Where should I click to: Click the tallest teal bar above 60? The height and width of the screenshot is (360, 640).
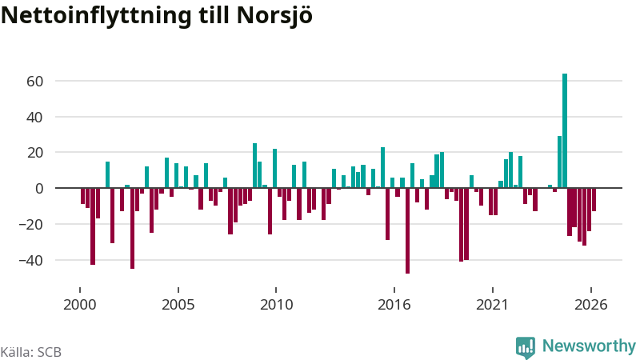pyautogui.click(x=565, y=130)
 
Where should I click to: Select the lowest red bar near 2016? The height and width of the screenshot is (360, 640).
pyautogui.click(x=407, y=230)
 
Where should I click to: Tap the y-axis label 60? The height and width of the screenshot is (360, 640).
pyautogui.click(x=34, y=82)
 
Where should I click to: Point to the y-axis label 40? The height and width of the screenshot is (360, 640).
pyautogui.click(x=34, y=117)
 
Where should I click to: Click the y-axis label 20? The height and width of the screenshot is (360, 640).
pyautogui.click(x=34, y=153)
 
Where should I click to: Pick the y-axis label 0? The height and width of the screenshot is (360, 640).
pyautogui.click(x=39, y=189)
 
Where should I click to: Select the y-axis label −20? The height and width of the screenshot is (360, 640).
pyautogui.click(x=30, y=225)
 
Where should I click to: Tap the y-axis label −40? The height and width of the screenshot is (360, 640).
pyautogui.click(x=30, y=261)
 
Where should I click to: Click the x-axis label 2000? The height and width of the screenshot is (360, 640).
pyautogui.click(x=79, y=305)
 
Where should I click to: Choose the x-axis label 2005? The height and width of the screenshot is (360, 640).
pyautogui.click(x=178, y=305)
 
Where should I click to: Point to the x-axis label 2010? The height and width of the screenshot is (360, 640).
pyautogui.click(x=276, y=305)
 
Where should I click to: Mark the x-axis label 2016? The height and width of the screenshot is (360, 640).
pyautogui.click(x=394, y=305)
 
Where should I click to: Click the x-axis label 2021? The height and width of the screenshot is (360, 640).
pyautogui.click(x=493, y=305)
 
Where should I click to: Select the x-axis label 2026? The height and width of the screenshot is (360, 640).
pyautogui.click(x=591, y=305)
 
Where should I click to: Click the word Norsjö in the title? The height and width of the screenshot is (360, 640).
pyautogui.click(x=274, y=16)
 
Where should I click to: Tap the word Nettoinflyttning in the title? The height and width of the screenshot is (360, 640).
pyautogui.click(x=96, y=16)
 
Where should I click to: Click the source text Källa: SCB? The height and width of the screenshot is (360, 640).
pyautogui.click(x=30, y=352)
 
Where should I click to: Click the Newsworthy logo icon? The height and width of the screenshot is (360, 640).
pyautogui.click(x=526, y=347)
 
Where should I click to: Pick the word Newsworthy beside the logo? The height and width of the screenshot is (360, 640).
pyautogui.click(x=589, y=346)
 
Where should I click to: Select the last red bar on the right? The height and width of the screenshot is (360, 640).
pyautogui.click(x=594, y=199)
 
